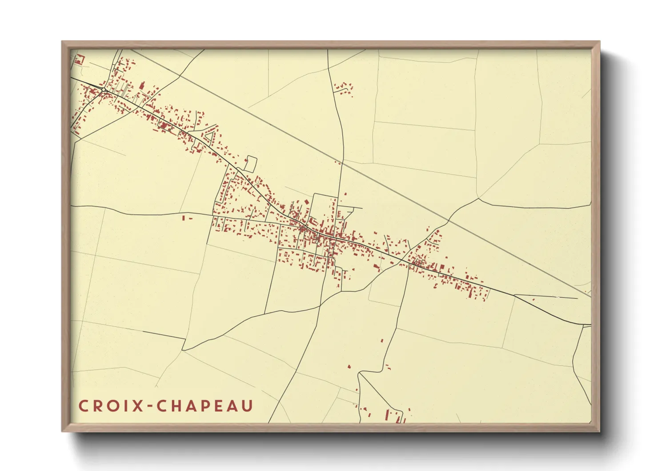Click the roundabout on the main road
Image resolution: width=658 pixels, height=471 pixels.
103,90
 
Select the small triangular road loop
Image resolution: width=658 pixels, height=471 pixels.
210,134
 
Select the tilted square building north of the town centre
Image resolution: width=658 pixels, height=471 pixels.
306,202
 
